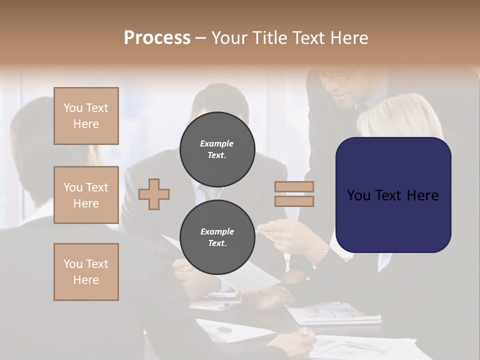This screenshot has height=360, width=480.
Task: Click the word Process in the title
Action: pyautogui.click(x=157, y=38)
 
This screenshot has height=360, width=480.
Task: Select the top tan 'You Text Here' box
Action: pyautogui.click(x=86, y=116)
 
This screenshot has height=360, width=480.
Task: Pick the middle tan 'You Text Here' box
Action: pyautogui.click(x=86, y=195)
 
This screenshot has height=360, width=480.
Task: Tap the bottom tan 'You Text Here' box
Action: pyautogui.click(x=86, y=272)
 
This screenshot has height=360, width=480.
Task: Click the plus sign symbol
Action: pyautogui.click(x=154, y=194)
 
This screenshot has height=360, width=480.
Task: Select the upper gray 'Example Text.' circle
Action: pyautogui.click(x=217, y=149)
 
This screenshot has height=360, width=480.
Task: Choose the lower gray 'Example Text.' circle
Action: pyautogui.click(x=217, y=237)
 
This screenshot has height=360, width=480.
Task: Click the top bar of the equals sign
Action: pyautogui.click(x=294, y=187)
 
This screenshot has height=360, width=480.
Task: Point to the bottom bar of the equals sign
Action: pyautogui.click(x=294, y=201)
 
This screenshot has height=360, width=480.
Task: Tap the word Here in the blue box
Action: pyautogui.click(x=422, y=195)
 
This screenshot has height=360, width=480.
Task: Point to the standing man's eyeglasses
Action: pyautogui.click(x=332, y=78)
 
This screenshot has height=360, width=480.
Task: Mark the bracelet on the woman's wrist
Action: pyautogui.click(x=327, y=249)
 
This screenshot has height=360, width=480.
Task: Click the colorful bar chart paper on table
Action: pyautogui.click(x=332, y=313)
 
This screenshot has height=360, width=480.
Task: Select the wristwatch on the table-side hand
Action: pyautogui.click(x=286, y=295)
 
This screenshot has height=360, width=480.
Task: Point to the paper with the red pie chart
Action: pyautogui.click(x=227, y=330)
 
